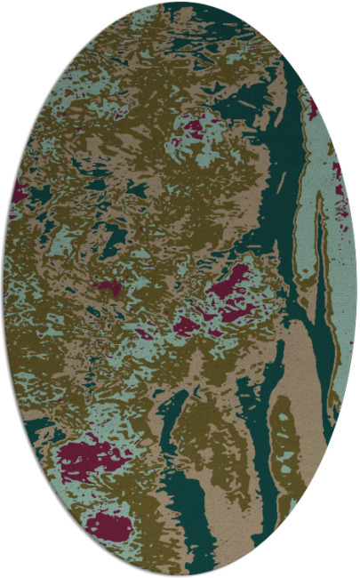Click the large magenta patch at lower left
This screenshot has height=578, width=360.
pyautogui.click(x=89, y=455)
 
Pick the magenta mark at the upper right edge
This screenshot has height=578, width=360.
pyautogui.click(x=313, y=108)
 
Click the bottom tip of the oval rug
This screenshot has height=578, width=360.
pyautogui.click(x=180, y=574)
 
